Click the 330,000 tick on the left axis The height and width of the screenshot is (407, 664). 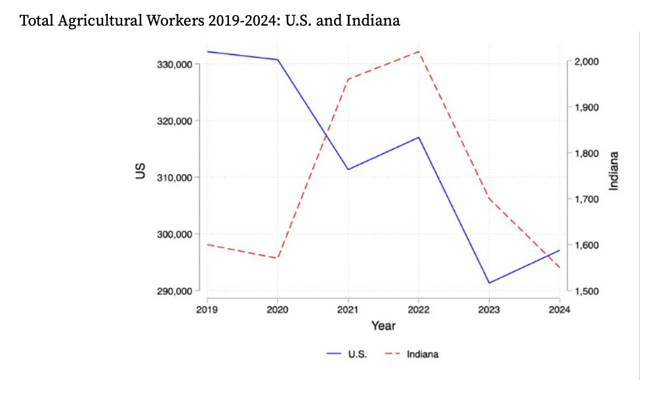tap(176, 64)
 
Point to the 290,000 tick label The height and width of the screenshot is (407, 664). tap(176, 291)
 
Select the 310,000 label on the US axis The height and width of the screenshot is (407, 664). tap(176, 178)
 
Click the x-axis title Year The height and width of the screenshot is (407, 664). tap(383, 326)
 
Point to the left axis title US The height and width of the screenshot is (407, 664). tap(140, 173)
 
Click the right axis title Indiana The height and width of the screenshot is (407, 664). tap(614, 171)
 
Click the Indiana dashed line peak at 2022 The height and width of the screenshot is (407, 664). tap(419, 51)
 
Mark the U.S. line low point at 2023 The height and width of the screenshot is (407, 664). tap(489, 283)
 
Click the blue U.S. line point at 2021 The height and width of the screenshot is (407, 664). tap(348, 169)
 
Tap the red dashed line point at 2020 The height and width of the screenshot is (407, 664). tap(278, 258)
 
